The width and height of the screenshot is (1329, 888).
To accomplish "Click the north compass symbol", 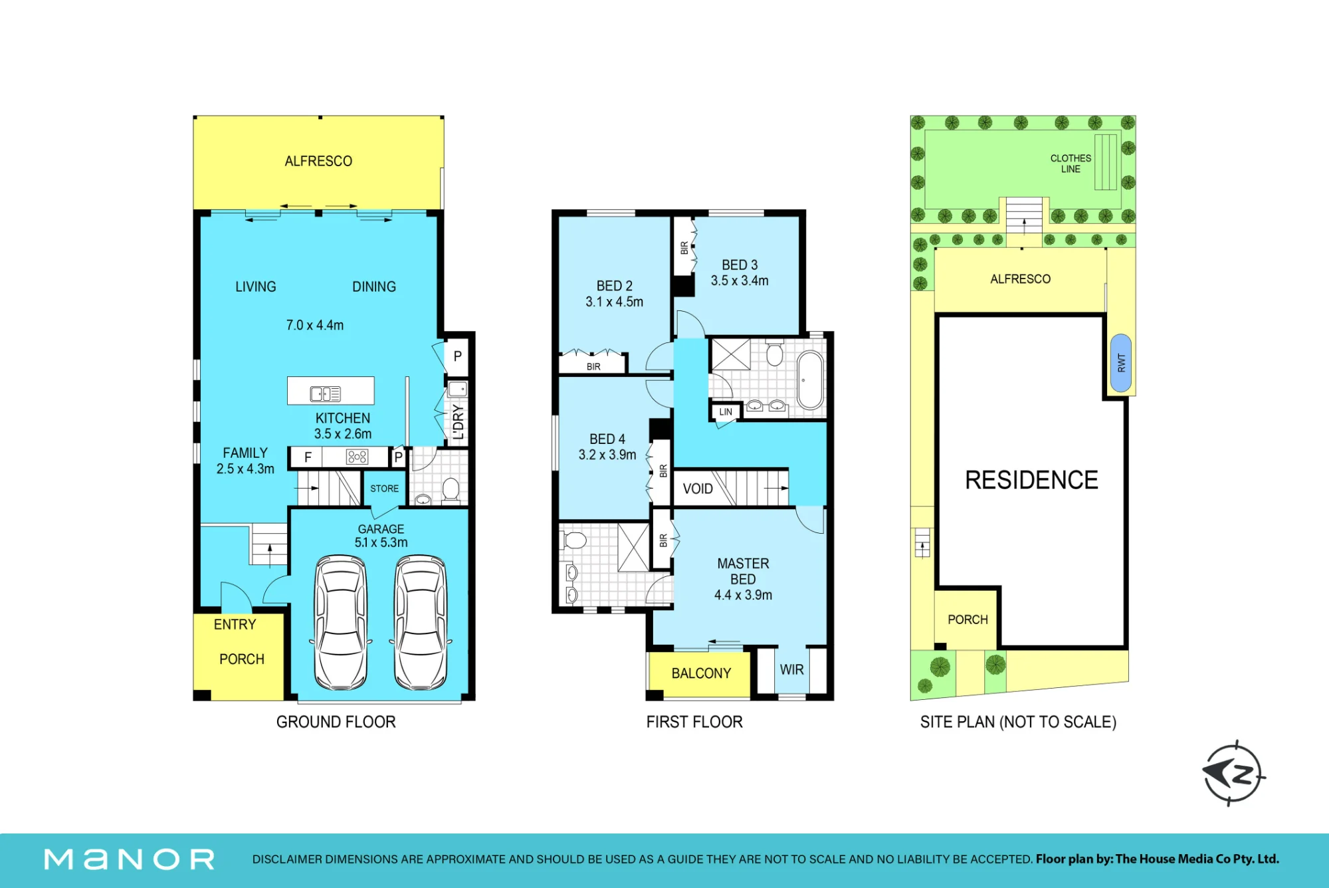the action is [1233, 773].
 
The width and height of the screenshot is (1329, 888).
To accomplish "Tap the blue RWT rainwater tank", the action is [1121, 363].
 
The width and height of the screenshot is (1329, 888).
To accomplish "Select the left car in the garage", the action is [341, 622].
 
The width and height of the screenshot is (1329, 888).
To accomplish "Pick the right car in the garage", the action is [421, 622].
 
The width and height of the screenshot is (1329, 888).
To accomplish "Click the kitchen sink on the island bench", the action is [326, 394].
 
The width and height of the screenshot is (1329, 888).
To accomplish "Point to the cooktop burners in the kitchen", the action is [357, 457].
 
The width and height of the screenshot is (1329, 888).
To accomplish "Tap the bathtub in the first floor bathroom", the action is [810, 380].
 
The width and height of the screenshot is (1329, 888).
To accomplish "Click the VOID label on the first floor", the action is [698, 489].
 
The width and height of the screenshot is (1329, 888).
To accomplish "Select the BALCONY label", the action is [701, 673].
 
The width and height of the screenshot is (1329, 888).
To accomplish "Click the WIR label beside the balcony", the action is [791, 670].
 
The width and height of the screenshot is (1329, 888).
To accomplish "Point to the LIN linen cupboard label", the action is [726, 412].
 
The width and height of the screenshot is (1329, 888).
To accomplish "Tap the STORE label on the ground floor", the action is [384, 489].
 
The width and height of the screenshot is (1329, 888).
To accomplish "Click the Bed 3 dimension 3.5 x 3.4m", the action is [740, 281].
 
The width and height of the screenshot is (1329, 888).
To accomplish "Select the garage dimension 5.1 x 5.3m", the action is [381, 542].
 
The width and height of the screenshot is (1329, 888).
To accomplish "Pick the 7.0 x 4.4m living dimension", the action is [315, 325].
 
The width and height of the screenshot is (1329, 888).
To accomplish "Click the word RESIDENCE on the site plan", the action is [1031, 480].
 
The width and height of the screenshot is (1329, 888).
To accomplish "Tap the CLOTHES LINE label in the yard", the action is [1071, 164].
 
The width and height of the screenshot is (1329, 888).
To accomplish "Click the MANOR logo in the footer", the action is [129, 859].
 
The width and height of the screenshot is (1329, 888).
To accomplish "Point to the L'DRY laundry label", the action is [458, 422].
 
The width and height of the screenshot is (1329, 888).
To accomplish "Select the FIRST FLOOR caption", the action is [694, 722].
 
